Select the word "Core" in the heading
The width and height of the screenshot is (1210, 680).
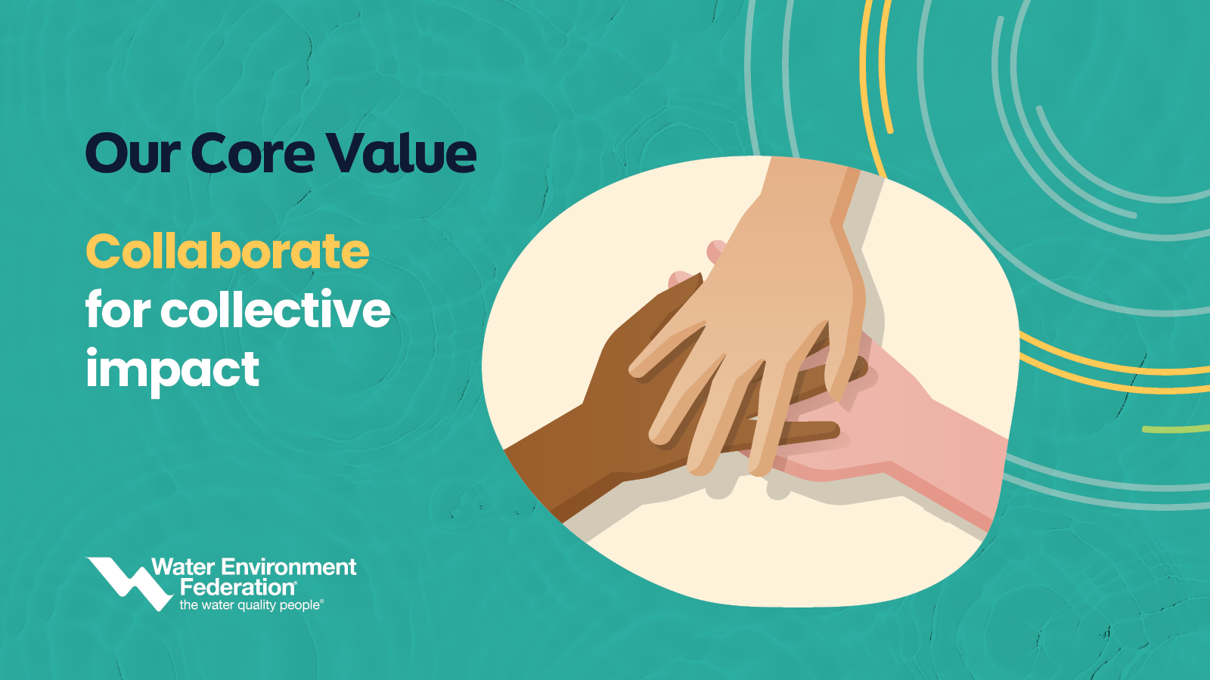tap(253, 153)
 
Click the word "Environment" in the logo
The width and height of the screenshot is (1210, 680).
tap(289, 567)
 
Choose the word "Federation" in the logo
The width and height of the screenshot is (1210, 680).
tap(237, 586)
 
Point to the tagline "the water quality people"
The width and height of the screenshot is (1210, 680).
tap(250, 605)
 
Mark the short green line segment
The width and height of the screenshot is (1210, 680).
tap(1176, 429)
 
